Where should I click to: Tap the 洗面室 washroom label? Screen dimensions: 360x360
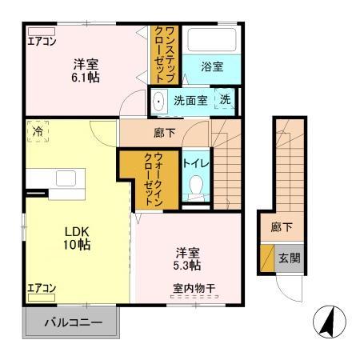pos(191,101)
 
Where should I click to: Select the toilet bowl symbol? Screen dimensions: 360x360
pos(196,186)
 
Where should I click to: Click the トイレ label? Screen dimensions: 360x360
pos(196,163)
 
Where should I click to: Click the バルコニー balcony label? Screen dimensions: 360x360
pos(73,325)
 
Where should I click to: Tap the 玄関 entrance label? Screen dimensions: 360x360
pos(290,258)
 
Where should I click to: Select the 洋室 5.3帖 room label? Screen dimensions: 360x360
pos(188,257)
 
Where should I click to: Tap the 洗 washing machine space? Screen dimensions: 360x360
pos(226,101)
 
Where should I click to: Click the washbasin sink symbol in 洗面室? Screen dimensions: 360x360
pos(158,101)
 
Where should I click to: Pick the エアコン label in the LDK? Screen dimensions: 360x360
pos(42,287)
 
